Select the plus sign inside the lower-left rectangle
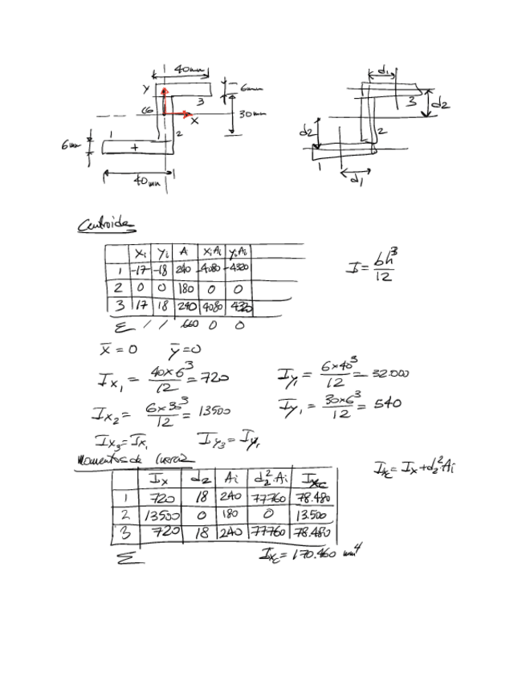134,147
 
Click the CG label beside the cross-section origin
148,110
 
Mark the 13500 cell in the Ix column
159,515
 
